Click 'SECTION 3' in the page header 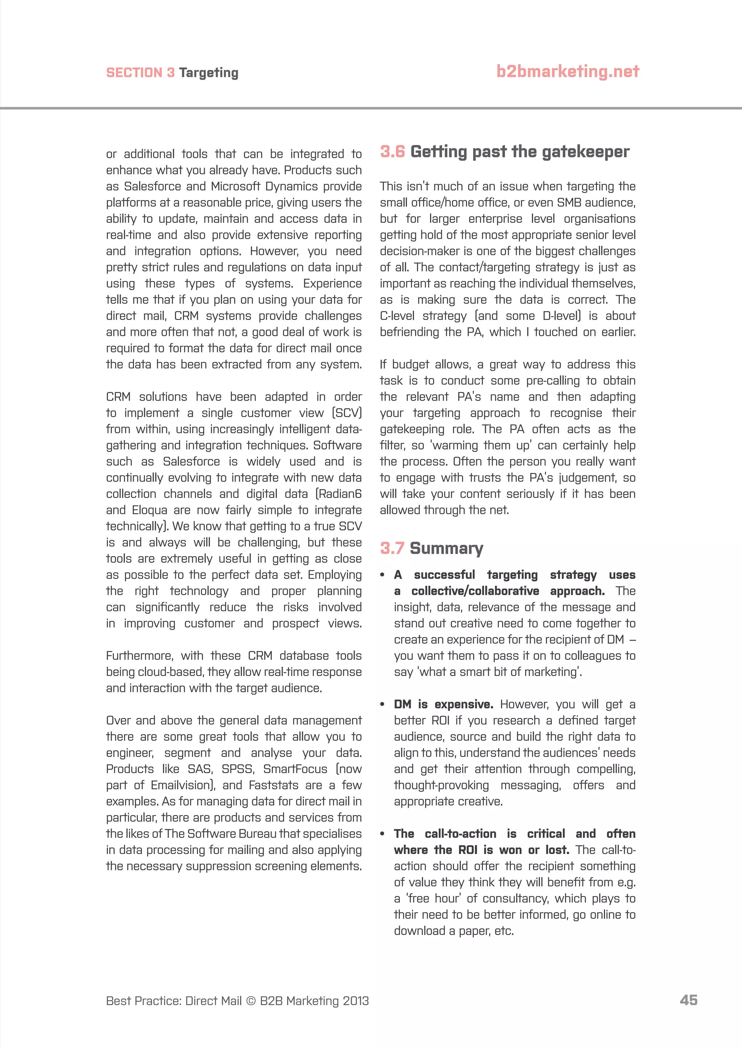click(x=140, y=73)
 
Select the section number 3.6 click(x=392, y=152)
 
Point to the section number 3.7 click(x=392, y=548)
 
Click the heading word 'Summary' click(x=446, y=548)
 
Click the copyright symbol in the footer click(x=251, y=1001)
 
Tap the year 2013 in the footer click(x=355, y=1001)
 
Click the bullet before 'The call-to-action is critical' click(x=383, y=834)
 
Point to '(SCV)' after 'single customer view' click(x=347, y=413)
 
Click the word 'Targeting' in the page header click(x=208, y=73)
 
